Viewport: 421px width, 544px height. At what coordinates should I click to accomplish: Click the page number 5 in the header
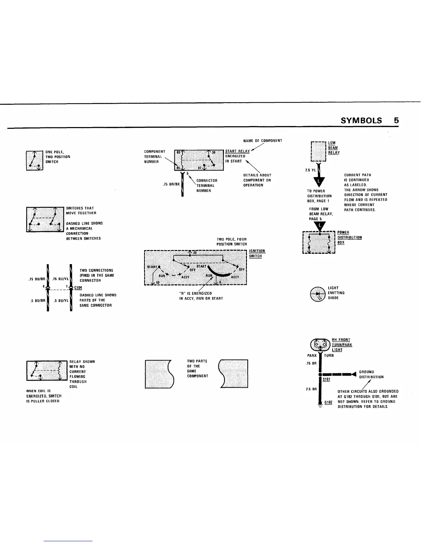396,121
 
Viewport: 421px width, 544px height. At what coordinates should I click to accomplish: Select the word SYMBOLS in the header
361,121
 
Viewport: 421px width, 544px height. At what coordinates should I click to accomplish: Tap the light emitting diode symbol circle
317,294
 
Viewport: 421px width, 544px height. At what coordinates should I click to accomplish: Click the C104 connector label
77,288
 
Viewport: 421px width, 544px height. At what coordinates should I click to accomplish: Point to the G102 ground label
328,402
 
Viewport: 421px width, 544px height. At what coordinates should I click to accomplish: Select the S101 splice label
326,379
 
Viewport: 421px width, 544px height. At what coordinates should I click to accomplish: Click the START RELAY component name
237,151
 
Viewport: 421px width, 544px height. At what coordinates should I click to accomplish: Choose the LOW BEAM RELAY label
333,148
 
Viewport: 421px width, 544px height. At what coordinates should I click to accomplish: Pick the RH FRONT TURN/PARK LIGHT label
341,345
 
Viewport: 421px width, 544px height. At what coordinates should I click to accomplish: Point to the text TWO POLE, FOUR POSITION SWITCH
231,242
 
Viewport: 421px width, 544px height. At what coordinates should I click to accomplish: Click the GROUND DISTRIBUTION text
371,374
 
